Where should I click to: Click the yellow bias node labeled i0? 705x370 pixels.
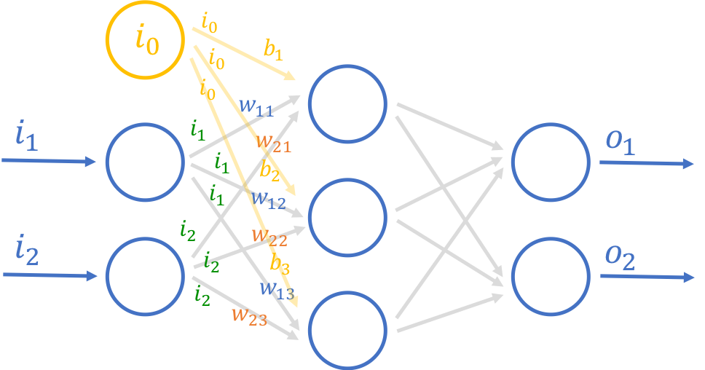145,39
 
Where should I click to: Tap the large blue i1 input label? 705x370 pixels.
26,136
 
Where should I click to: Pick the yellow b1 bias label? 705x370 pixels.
274,51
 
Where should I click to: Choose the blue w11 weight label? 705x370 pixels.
256,107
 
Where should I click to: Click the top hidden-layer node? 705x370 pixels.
347,103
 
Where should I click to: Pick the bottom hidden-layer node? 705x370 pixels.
347,328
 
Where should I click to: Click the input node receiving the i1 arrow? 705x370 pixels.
145,160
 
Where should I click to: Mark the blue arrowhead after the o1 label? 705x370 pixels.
688,164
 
